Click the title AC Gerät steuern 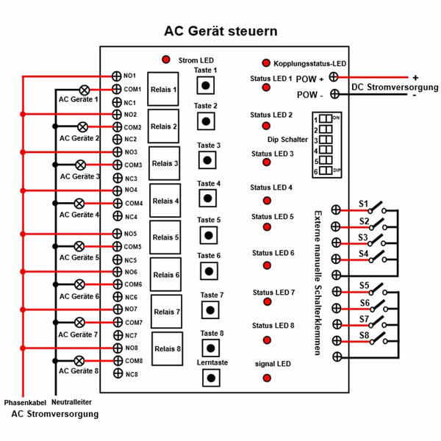(220, 32)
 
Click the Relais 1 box (163, 90)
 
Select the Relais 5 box (165, 237)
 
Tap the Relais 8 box (167, 349)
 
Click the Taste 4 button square (209, 198)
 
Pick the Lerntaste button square (211, 378)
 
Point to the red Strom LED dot (167, 59)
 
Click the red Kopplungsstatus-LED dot (266, 64)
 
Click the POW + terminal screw (334, 76)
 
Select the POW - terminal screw (335, 94)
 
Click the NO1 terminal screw (116, 76)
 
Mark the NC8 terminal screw (117, 374)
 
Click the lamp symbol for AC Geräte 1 (85, 88)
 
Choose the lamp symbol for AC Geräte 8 (79, 361)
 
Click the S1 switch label (364, 204)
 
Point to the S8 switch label (364, 334)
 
